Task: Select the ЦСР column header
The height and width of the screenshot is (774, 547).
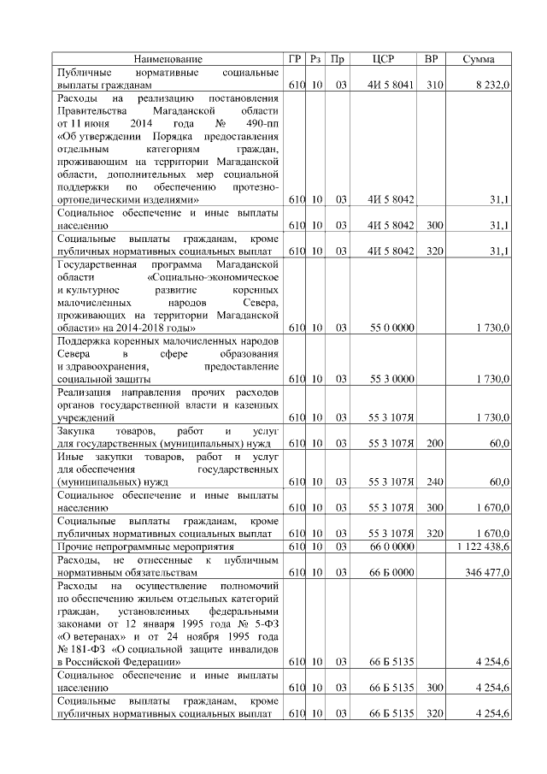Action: (x=384, y=59)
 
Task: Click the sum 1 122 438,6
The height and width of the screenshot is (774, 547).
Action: (x=484, y=546)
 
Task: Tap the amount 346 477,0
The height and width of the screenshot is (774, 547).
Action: (x=488, y=571)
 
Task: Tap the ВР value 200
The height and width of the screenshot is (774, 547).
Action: (x=433, y=444)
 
